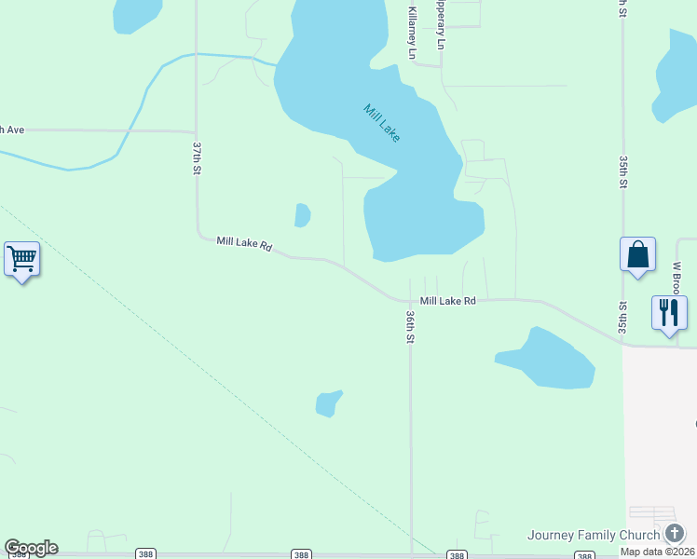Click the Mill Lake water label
[382, 123]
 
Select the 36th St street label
[409, 327]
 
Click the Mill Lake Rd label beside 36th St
[447, 301]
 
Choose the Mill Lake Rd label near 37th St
[244, 242]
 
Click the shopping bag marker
[637, 253]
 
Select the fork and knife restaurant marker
[669, 312]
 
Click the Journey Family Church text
[593, 535]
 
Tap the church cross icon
[675, 534]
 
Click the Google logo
[31, 548]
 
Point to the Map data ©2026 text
[657, 552]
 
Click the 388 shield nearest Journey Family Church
[583, 555]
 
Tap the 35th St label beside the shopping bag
[623, 318]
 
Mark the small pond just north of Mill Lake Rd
[302, 215]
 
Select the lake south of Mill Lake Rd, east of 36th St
[549, 361]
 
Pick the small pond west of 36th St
[327, 403]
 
